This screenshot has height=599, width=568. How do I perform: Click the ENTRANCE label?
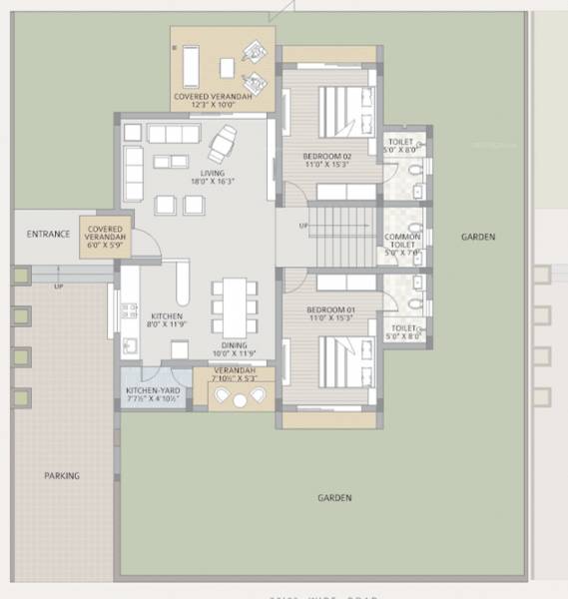pyautogui.click(x=49, y=235)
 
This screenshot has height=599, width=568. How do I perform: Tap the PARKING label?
pyautogui.click(x=61, y=476)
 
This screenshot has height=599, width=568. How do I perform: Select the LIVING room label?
pyautogui.click(x=213, y=173)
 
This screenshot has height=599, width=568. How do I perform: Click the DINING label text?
pyautogui.click(x=235, y=345)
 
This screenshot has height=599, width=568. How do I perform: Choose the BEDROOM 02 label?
pyautogui.click(x=327, y=156)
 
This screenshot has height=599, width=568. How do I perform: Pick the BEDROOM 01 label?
pyautogui.click(x=330, y=309)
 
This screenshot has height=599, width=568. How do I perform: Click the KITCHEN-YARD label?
pyautogui.click(x=152, y=390)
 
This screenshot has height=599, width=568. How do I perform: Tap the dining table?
pyautogui.click(x=232, y=306)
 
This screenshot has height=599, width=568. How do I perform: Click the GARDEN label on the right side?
pyautogui.click(x=478, y=237)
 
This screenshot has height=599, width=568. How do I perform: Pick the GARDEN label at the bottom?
pyautogui.click(x=334, y=497)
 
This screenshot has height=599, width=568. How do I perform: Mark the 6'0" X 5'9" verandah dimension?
pyautogui.click(x=105, y=245)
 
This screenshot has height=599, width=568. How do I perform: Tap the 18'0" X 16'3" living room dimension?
pyautogui.click(x=213, y=183)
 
